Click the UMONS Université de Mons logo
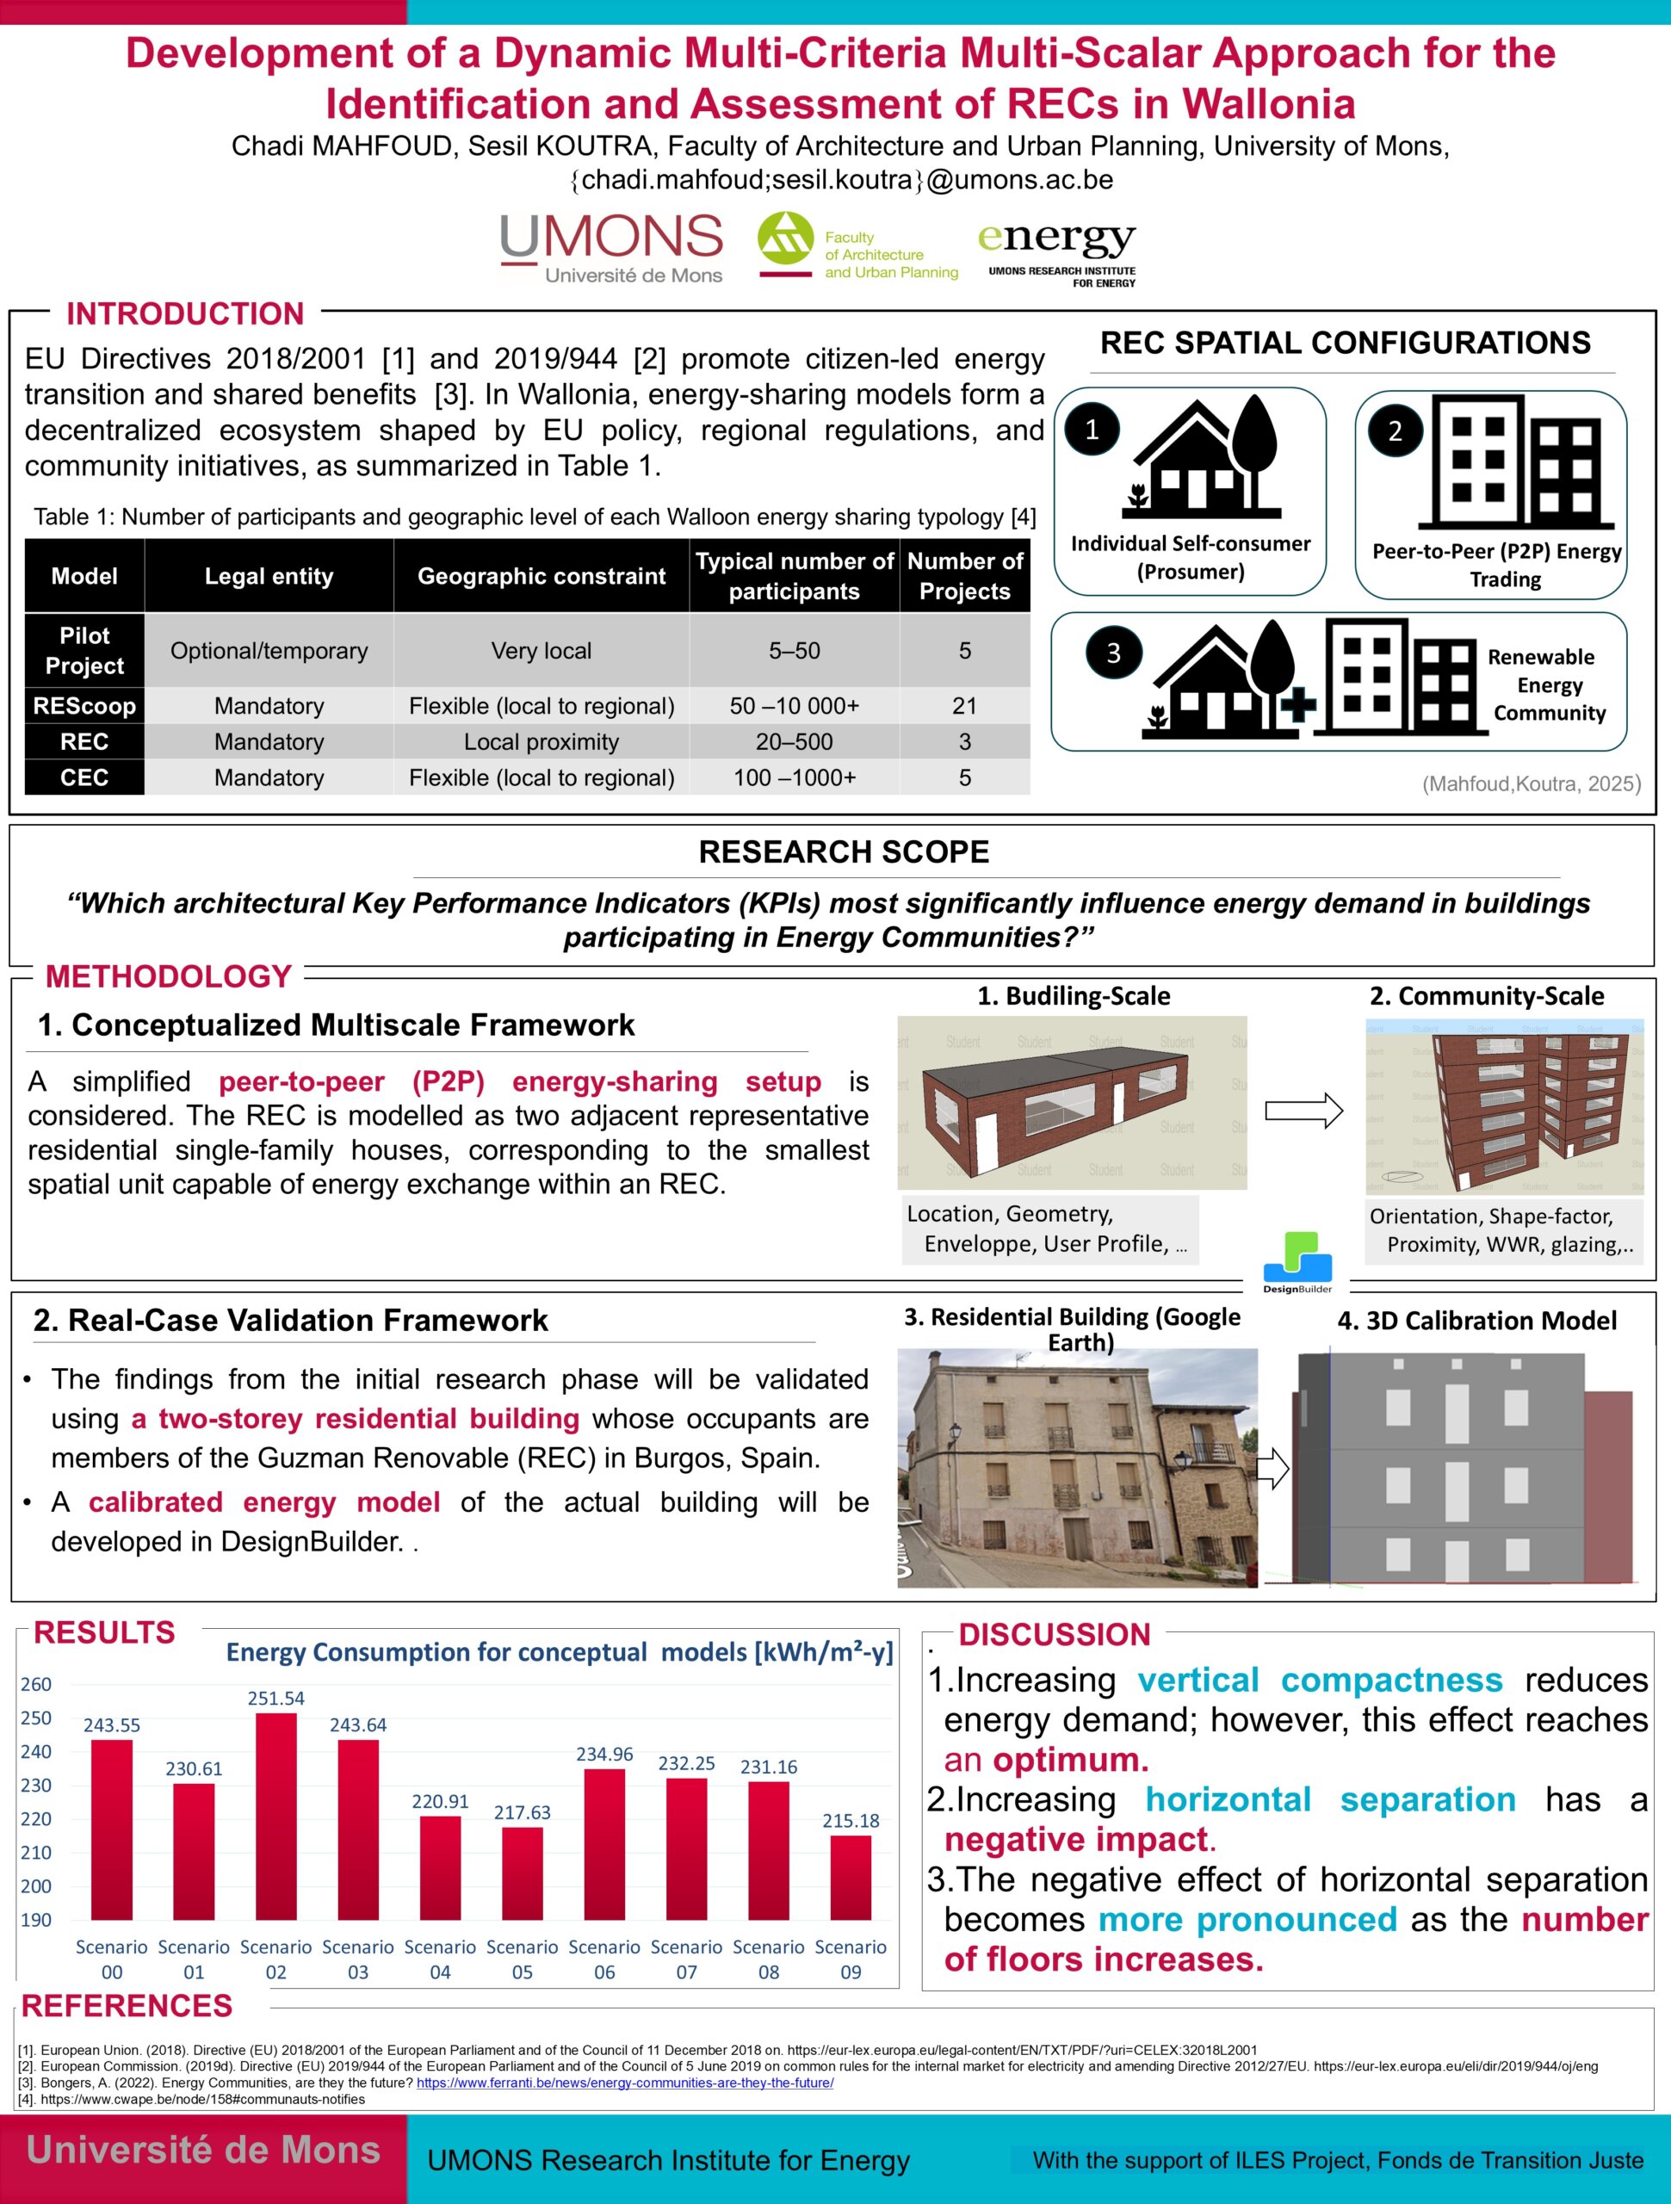click(611, 248)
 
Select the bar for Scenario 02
click(276, 1817)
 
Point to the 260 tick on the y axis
click(36, 1684)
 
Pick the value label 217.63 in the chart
click(522, 1812)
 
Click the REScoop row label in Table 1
click(84, 705)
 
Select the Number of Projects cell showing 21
click(963, 705)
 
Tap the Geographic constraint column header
click(541, 576)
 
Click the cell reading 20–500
click(794, 741)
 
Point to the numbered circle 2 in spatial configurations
click(1395, 430)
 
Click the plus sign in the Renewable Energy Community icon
click(1297, 704)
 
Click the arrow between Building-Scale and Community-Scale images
click(1303, 1110)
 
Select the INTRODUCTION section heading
click(185, 314)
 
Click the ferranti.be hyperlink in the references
click(625, 2083)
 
